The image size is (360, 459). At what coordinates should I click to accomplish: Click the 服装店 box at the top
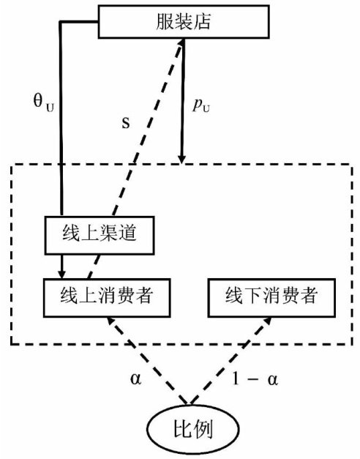click(x=184, y=22)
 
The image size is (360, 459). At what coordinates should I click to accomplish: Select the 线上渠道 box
click(x=100, y=235)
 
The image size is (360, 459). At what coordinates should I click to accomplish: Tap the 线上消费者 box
click(x=107, y=298)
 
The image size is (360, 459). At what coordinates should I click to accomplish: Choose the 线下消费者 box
click(x=271, y=298)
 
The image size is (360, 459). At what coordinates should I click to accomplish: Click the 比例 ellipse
click(x=192, y=430)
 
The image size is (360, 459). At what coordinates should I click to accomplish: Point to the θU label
click(x=44, y=103)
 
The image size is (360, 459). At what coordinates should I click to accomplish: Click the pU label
click(x=201, y=105)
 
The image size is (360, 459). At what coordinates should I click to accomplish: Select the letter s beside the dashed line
click(x=126, y=123)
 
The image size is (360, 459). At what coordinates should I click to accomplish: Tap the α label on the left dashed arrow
click(x=135, y=378)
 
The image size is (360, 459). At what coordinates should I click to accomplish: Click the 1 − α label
click(x=255, y=378)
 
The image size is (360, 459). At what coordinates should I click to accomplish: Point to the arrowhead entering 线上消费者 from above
click(x=61, y=275)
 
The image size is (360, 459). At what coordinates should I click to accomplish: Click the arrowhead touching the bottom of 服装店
click(x=181, y=42)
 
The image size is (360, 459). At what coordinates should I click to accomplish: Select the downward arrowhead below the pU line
click(x=182, y=159)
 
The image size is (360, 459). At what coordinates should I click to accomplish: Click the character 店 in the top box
click(x=202, y=22)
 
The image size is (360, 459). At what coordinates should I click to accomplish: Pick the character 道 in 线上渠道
click(x=127, y=234)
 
